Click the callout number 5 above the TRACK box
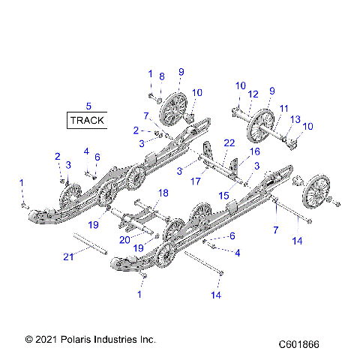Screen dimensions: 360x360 88,106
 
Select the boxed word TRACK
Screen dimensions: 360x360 88,120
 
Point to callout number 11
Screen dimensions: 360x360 283,108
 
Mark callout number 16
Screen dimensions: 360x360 255,151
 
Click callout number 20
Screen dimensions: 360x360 124,241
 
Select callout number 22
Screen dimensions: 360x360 229,142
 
